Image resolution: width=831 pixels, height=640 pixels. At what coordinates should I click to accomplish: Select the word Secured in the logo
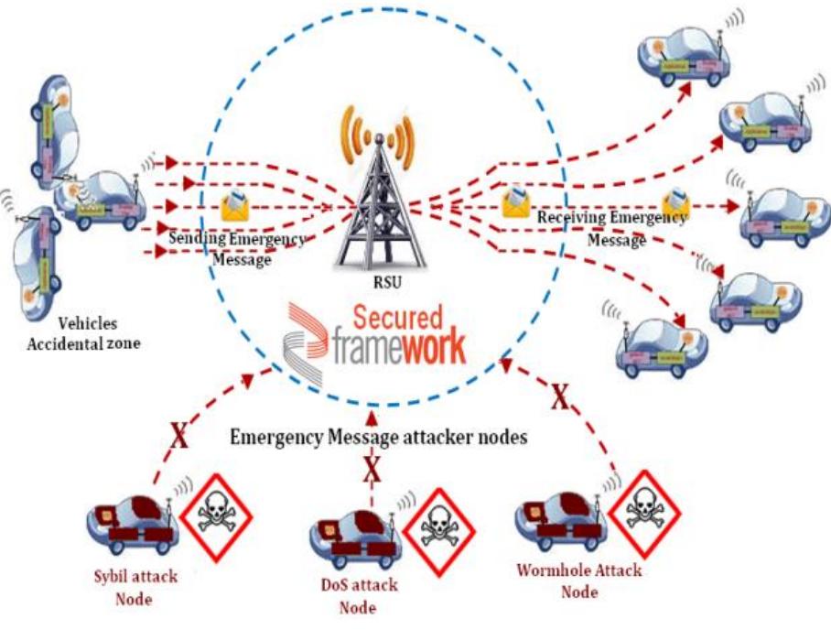pos(398,319)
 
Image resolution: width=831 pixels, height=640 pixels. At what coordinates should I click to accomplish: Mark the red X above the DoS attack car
pos(372,471)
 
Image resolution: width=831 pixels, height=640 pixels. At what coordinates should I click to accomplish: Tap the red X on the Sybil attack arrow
pos(179,437)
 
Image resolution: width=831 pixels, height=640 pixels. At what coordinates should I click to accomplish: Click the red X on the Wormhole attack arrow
pos(558,397)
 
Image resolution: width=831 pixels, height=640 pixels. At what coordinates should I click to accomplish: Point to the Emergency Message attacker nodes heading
pos(379,438)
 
